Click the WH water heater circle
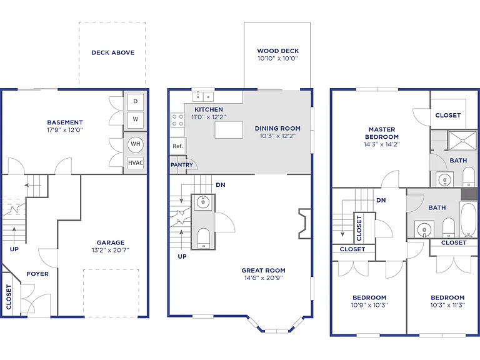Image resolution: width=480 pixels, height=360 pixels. coord(136,144)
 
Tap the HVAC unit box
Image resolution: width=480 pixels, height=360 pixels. coord(135,163)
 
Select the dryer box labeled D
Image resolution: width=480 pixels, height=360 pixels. coord(135,101)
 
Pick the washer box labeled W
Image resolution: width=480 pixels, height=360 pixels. coord(135,119)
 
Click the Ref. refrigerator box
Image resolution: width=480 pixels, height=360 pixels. coord(178,146)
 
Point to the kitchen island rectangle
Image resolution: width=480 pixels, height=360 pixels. coord(229,130)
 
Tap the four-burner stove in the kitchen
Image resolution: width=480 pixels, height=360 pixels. coord(177,120)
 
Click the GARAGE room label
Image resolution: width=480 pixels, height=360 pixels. coord(111,242)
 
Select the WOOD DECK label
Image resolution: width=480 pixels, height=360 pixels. coord(278,51)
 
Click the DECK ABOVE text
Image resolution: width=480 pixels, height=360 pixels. coord(113,52)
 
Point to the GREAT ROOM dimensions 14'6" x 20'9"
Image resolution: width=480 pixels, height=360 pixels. coord(264,278)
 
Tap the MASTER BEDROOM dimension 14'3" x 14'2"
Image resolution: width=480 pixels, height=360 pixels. coord(382,144)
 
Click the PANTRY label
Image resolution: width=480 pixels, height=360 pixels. coord(182,165)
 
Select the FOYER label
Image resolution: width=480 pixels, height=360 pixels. coord(37,274)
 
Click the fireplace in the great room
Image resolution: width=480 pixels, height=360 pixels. coord(304,224)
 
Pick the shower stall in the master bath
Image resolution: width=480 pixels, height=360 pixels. coord(462,141)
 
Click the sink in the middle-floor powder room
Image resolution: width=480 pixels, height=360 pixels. coord(203,202)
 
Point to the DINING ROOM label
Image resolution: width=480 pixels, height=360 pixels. coord(277,129)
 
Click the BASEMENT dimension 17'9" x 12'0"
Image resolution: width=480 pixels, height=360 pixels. coord(65,130)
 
